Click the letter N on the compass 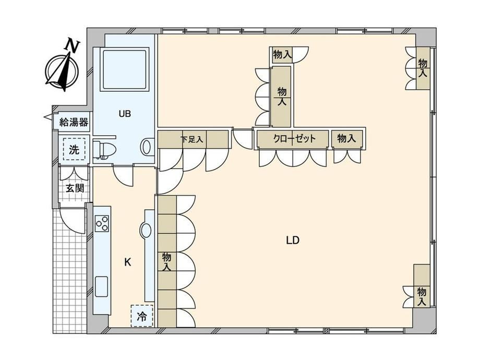click(73, 45)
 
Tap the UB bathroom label click(125, 114)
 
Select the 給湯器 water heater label click(74, 123)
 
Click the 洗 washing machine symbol click(74, 149)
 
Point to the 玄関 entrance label click(75, 188)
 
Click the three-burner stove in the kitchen click(102, 223)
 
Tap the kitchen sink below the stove click(101, 286)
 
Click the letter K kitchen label click(128, 262)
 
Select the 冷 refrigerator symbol click(142, 316)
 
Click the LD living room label click(293, 241)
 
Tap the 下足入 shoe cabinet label click(192, 140)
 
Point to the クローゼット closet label click(294, 139)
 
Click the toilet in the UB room click(104, 150)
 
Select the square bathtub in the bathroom click(125, 69)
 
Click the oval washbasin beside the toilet click(147, 146)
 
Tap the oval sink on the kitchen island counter click(146, 231)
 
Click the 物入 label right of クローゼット click(346, 138)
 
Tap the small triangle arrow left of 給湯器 click(48, 117)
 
